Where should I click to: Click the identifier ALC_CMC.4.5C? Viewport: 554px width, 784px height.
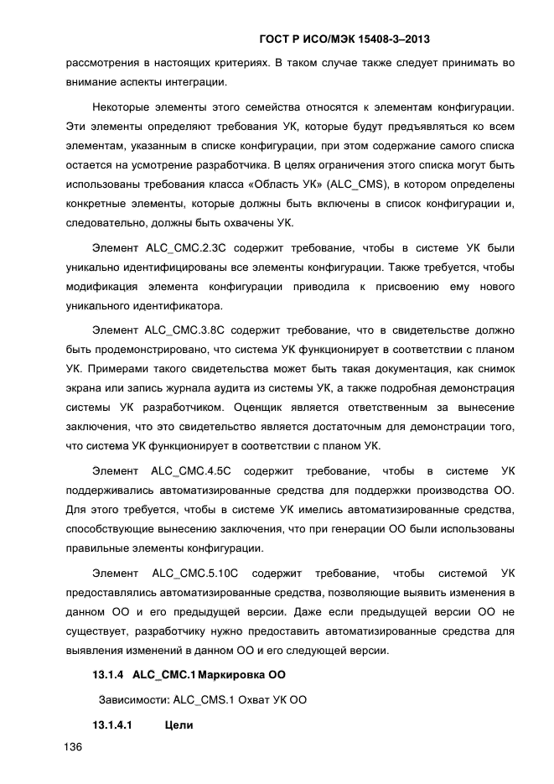(x=191, y=470)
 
